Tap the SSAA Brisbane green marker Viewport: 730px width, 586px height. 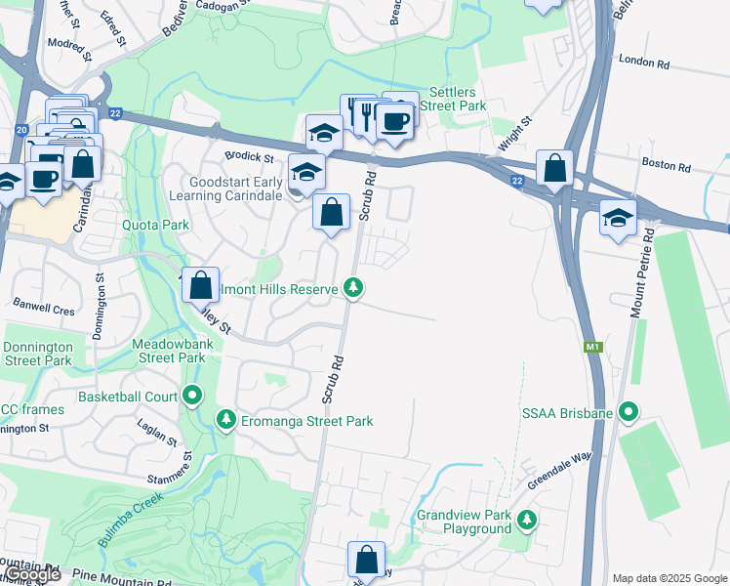[x=629, y=413]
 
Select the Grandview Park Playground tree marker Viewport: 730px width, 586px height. [x=528, y=519]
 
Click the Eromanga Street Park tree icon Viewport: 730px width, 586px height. [x=226, y=420]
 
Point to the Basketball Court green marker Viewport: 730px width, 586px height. [x=192, y=397]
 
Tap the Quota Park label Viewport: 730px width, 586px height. [x=155, y=225]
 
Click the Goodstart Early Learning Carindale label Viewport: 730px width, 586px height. [x=223, y=188]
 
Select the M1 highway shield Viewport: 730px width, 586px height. [x=592, y=347]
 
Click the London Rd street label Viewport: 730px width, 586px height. [x=644, y=63]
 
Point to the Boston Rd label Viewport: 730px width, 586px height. [x=667, y=165]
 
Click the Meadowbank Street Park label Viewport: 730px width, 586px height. [x=171, y=351]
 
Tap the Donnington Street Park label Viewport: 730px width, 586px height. [x=37, y=354]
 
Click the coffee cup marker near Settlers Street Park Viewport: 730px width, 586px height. [x=394, y=122]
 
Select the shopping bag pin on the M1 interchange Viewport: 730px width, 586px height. [x=554, y=168]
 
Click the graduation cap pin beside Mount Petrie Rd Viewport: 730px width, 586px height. [x=617, y=217]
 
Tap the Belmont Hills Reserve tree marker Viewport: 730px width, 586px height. [x=353, y=288]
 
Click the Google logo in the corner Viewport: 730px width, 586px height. [x=31, y=575]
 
